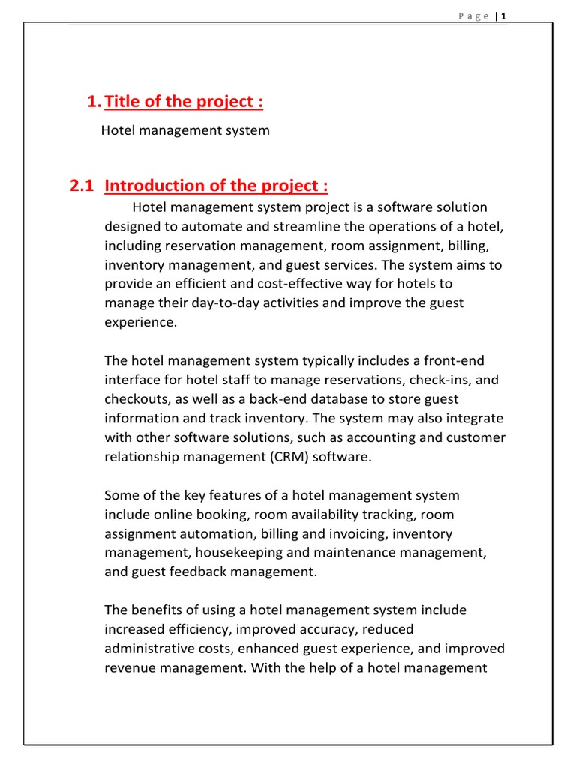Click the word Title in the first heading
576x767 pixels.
coord(124,103)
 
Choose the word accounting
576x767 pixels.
coord(365,437)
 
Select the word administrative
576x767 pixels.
coord(146,649)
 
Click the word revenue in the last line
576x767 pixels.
coord(129,668)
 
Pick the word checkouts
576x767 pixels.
coord(133,399)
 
